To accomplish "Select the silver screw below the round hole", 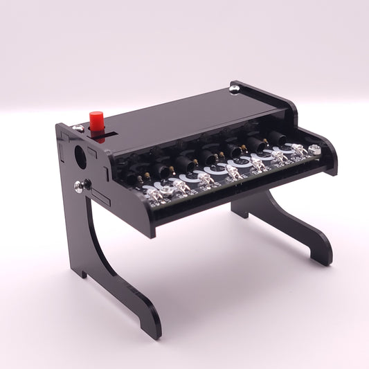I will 79,185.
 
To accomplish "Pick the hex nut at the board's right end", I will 316,149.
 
